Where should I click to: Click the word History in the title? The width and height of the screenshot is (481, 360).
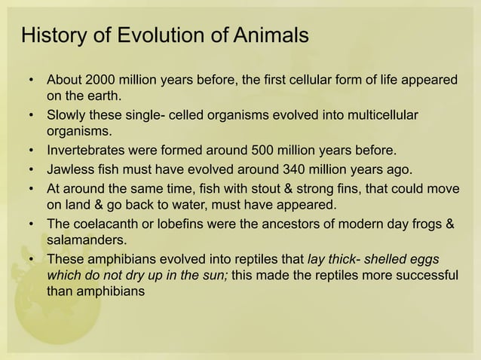tap(51, 35)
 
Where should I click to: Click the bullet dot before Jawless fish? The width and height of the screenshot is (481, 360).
tap(30, 167)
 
